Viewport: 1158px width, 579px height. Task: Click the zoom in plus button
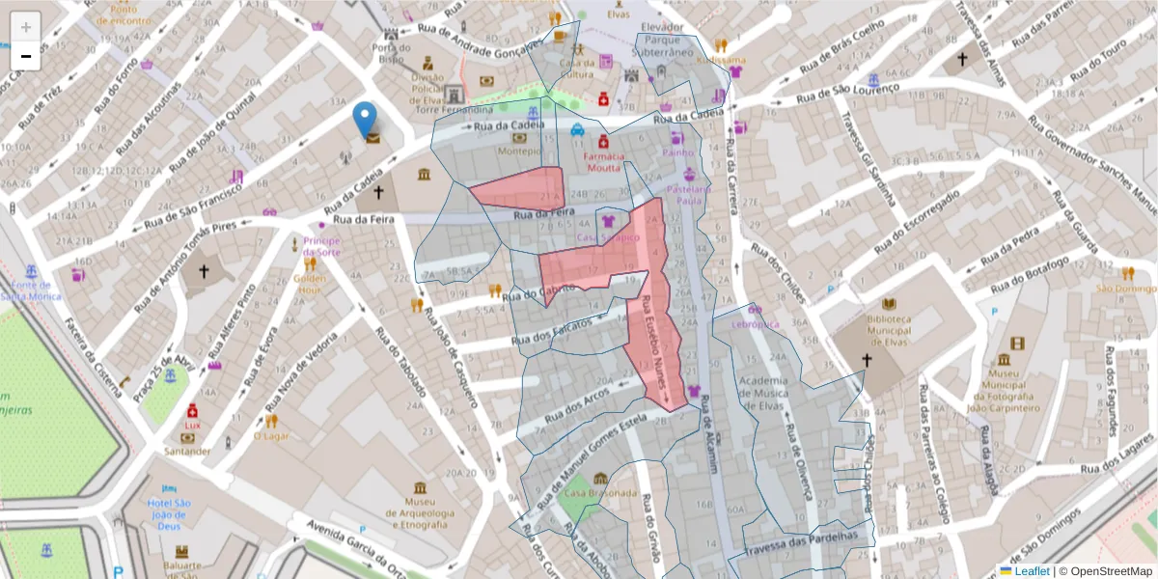pyautogui.click(x=26, y=27)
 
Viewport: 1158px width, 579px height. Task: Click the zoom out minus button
pyautogui.click(x=26, y=57)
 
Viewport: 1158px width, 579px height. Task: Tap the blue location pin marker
pyautogui.click(x=365, y=121)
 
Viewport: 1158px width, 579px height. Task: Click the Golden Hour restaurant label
pyautogui.click(x=310, y=284)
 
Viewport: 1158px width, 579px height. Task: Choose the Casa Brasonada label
pyautogui.click(x=600, y=493)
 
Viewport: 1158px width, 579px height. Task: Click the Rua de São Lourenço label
pyautogui.click(x=849, y=93)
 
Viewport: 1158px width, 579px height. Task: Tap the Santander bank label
pyautogui.click(x=188, y=451)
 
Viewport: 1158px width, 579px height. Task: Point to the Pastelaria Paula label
pyautogui.click(x=688, y=195)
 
